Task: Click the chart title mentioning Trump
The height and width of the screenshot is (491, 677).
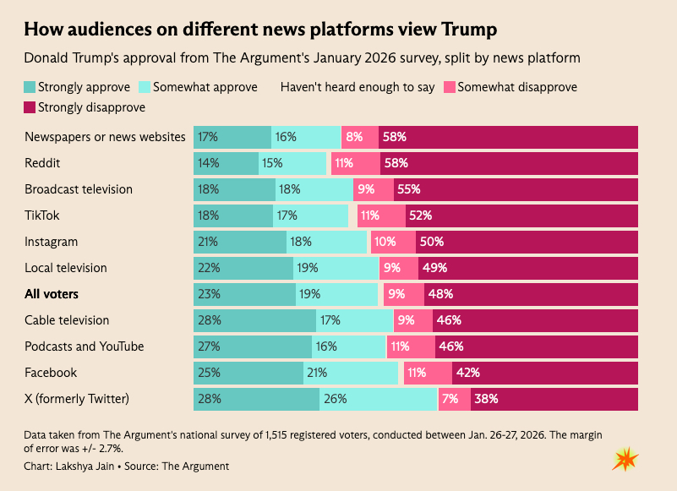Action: [x=260, y=30]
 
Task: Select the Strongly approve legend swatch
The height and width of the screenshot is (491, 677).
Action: [x=30, y=87]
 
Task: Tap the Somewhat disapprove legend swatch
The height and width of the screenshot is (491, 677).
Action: [x=449, y=87]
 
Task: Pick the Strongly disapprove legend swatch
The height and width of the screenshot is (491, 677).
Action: [x=30, y=107]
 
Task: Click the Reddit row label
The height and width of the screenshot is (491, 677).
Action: [x=43, y=163]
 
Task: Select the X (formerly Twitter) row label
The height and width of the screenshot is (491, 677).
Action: [x=76, y=399]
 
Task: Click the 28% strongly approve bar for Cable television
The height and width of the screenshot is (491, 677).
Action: [x=254, y=320]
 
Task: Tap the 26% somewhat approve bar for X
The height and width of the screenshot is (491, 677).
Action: [x=378, y=399]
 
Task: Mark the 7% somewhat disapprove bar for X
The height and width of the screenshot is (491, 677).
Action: [x=455, y=399]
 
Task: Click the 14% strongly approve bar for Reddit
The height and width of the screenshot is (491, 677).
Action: [x=226, y=163]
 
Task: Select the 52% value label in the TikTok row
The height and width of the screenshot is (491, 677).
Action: [x=420, y=215]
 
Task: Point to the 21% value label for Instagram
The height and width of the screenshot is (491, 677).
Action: [x=207, y=242]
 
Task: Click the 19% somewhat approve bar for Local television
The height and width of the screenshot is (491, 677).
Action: [x=336, y=268]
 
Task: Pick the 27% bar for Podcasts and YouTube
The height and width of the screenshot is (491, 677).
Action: [x=248, y=346]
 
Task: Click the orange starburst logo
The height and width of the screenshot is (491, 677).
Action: [x=625, y=460]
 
